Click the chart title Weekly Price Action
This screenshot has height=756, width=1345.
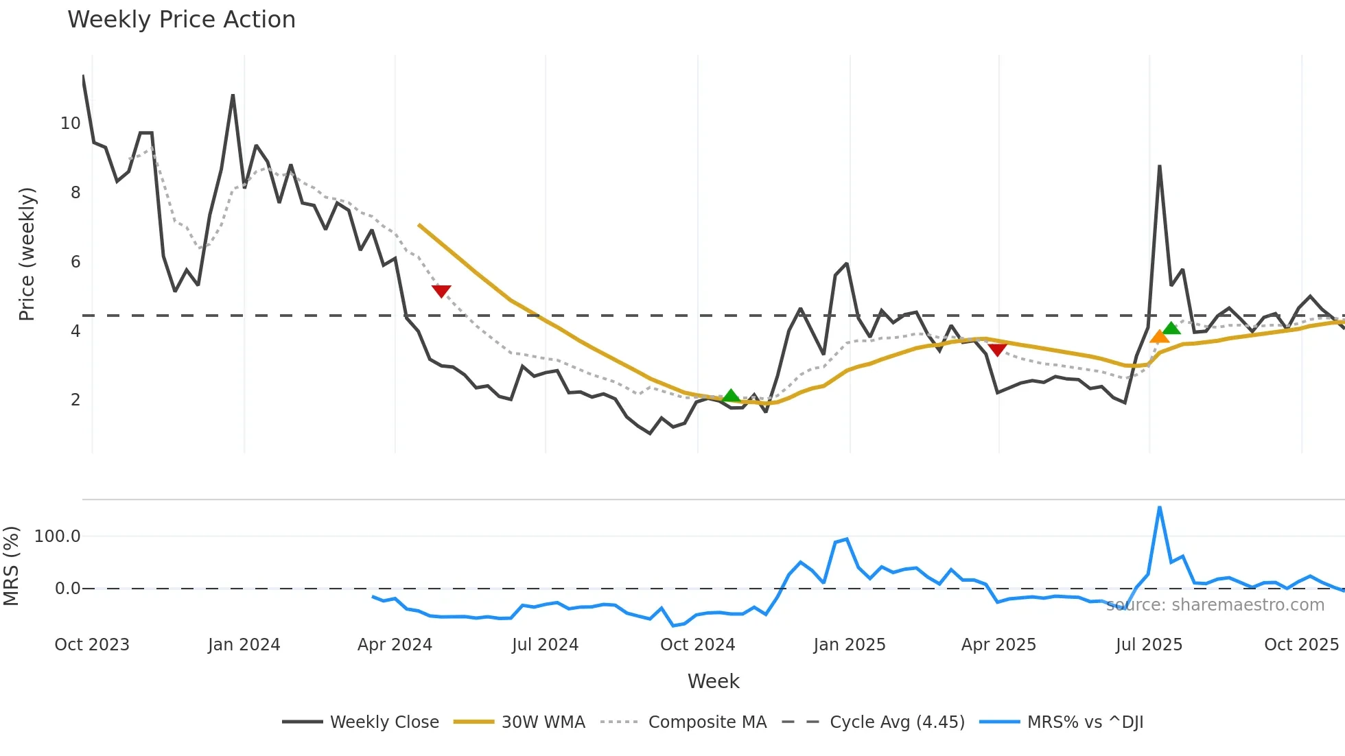pos(181,20)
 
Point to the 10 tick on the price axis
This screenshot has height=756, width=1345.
pos(71,123)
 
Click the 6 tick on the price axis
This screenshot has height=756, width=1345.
pos(75,261)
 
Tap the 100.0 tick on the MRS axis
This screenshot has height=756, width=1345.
pos(58,536)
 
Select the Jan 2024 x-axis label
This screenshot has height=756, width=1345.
pos(244,645)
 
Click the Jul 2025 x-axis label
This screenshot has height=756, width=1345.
pos(1149,645)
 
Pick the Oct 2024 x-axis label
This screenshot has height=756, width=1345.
pos(698,645)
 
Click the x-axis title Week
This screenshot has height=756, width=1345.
pos(714,681)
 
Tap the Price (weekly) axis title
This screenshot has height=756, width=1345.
pos(27,254)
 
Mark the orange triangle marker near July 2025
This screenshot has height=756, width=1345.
pos(1159,337)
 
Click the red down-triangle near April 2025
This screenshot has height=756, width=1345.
pos(997,350)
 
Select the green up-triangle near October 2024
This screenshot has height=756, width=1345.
pos(731,396)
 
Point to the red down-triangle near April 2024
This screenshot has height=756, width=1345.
pos(441,291)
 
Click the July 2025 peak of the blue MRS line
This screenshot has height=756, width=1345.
pos(1160,508)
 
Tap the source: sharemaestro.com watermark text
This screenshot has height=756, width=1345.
pos(1215,605)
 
